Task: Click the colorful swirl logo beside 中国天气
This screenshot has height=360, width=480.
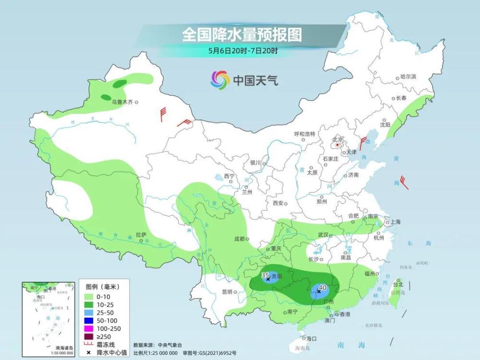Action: (x=220, y=80)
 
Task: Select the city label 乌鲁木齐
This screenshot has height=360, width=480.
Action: (x=122, y=102)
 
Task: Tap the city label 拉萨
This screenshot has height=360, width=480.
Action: (x=141, y=235)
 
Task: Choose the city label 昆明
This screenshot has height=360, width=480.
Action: (x=227, y=291)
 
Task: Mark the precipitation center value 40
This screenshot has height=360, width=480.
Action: (x=323, y=287)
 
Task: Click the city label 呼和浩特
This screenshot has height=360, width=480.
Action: (x=304, y=134)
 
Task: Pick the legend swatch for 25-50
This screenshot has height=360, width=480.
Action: (x=90, y=312)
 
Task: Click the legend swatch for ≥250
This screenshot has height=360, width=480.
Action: (x=90, y=336)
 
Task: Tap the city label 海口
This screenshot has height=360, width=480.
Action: (x=312, y=338)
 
